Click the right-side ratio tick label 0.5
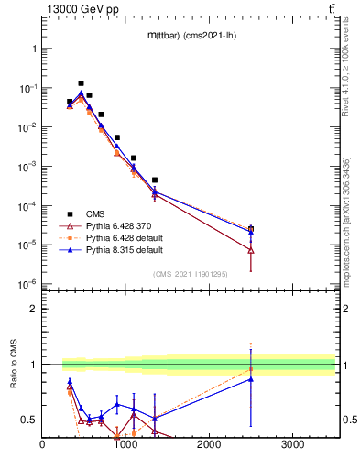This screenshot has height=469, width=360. tap(349, 420)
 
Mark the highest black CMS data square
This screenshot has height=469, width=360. tap(81, 83)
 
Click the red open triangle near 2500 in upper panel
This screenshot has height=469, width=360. tap(251, 250)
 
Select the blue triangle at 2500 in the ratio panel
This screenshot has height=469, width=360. tap(251, 379)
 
